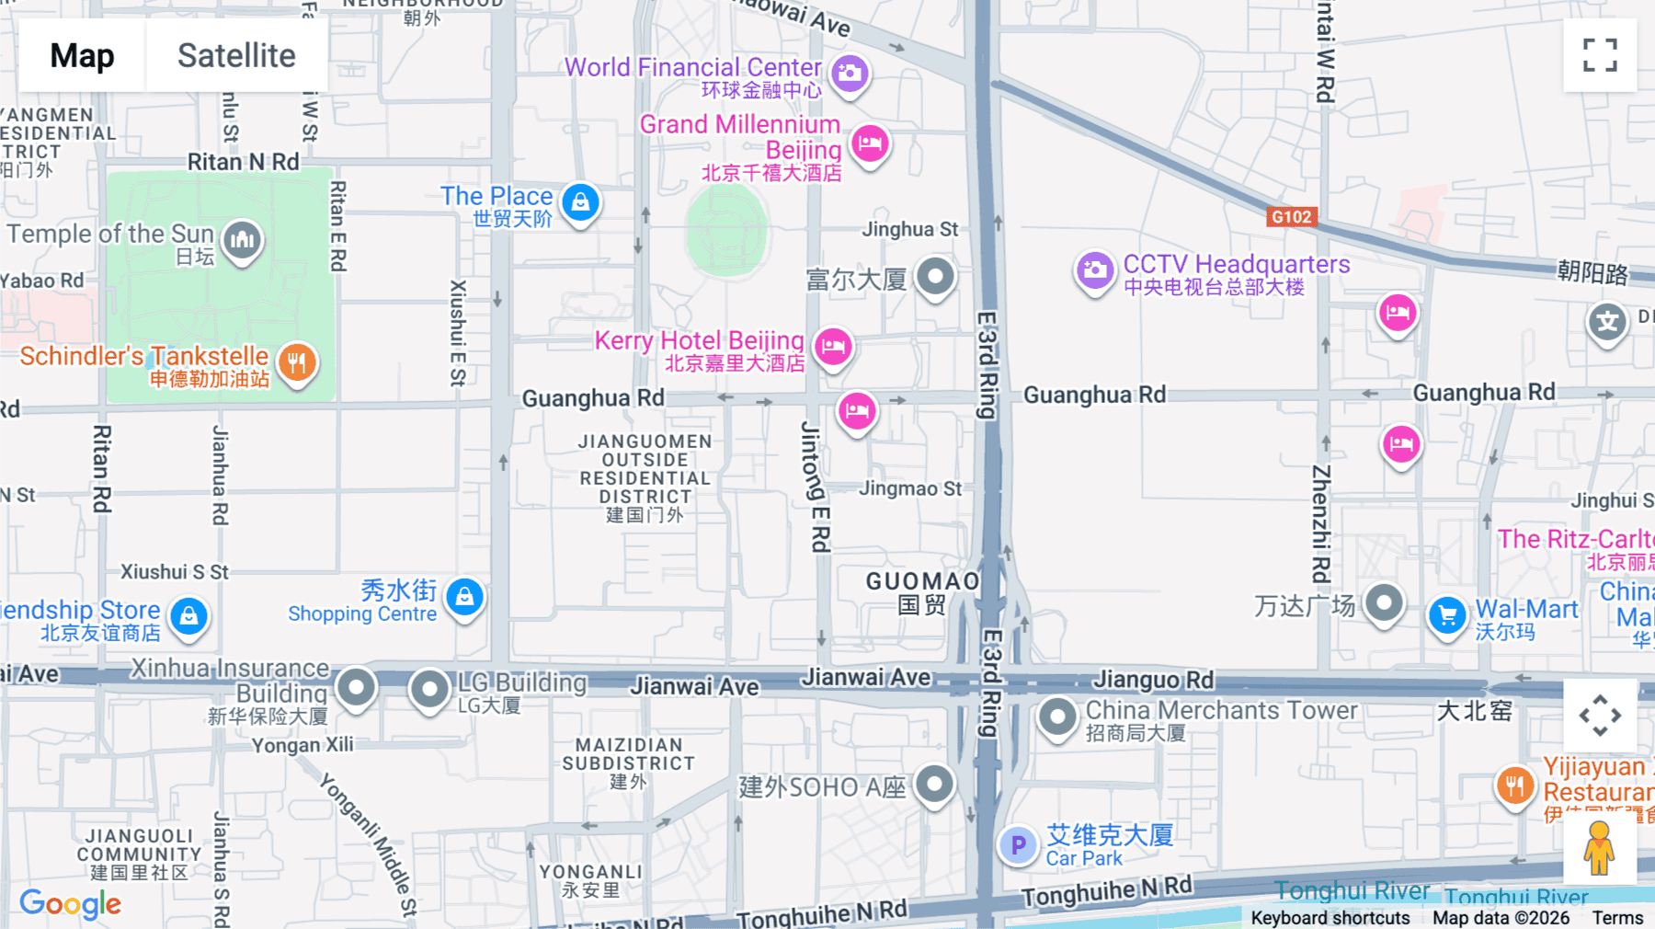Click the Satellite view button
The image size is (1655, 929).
point(236,55)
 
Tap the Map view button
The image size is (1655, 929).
point(82,55)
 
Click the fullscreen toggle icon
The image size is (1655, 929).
point(1600,55)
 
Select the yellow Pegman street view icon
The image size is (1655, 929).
point(1599,848)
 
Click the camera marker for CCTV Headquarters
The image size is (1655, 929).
point(1094,270)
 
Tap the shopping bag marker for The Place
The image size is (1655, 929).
point(580,201)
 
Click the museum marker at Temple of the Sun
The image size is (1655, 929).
point(242,240)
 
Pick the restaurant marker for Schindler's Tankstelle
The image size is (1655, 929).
point(296,362)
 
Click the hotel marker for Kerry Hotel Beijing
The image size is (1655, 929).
point(833,347)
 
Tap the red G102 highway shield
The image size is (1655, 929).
point(1291,217)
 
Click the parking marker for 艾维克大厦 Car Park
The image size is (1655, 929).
point(1018,843)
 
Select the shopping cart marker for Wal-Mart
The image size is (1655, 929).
point(1447,614)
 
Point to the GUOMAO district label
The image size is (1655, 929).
point(922,581)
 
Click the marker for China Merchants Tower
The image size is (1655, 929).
point(1056,716)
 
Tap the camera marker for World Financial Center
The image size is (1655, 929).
point(850,73)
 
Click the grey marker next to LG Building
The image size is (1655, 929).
point(428,688)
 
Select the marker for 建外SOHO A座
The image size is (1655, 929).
point(935,785)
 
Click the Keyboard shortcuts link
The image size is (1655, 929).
point(1330,917)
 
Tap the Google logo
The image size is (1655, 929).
point(70,903)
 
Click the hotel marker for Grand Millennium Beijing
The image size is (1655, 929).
point(869,143)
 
